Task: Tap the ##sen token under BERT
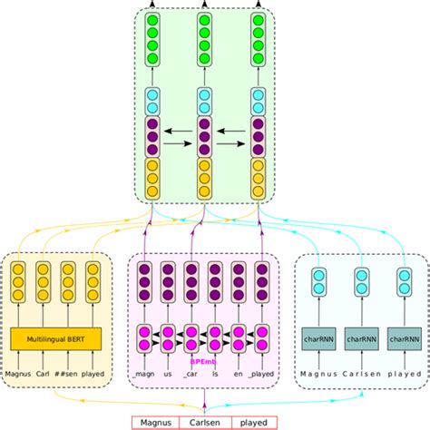69,373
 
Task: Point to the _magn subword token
143,373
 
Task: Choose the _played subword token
262,373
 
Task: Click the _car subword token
191,373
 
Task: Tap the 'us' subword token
167,373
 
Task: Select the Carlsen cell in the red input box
204,422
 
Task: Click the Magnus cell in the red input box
157,422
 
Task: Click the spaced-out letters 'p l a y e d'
404,373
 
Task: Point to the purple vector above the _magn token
143,281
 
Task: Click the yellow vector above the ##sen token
69,281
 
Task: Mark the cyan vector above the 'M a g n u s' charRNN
319,281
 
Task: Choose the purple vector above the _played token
262,281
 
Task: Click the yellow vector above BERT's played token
93,281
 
